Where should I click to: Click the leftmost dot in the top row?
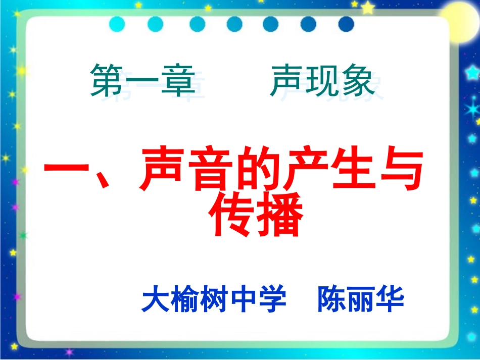(117, 24)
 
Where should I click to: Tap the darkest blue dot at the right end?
(346, 24)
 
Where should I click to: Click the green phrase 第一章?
(142, 81)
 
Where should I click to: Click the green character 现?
(322, 81)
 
